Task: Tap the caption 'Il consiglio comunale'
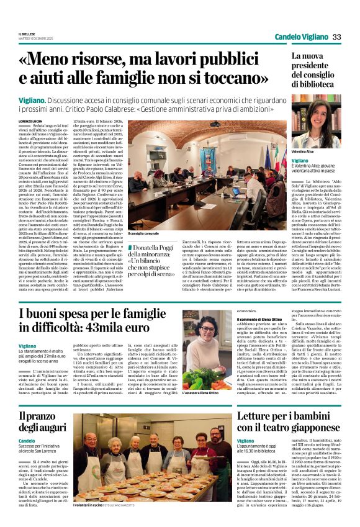[144, 234]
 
